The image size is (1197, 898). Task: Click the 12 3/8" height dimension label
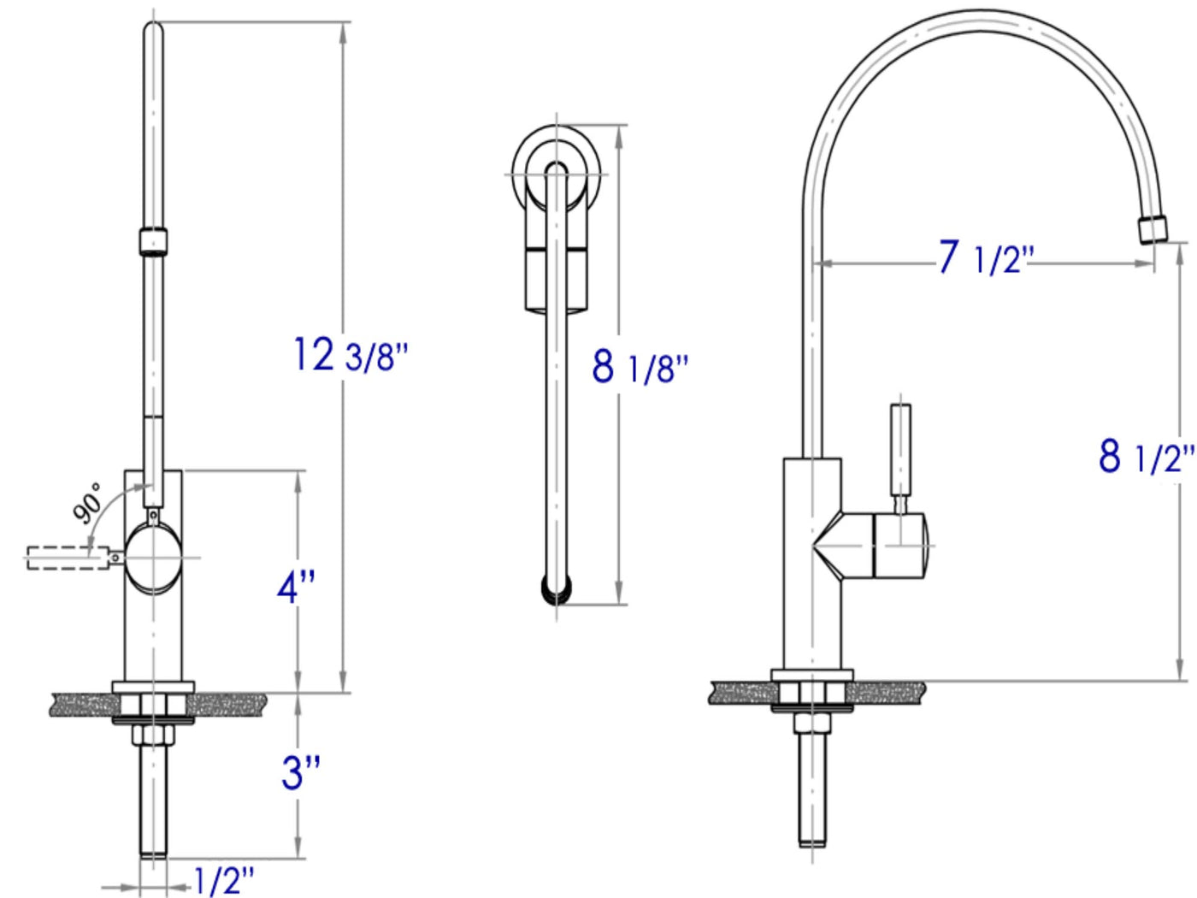click(x=351, y=356)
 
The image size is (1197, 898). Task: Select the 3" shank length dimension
click(x=300, y=772)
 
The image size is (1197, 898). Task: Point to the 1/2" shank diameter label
click(x=224, y=880)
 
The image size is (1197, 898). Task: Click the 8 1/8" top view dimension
click(x=640, y=368)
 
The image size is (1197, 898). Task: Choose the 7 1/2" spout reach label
click(x=986, y=258)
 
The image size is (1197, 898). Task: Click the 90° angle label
click(x=87, y=503)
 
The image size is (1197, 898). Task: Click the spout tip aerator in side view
click(x=1153, y=229)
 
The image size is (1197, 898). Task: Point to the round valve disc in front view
click(x=153, y=558)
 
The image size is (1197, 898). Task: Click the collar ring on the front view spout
click(x=153, y=240)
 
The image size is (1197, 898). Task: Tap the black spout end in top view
click(x=557, y=589)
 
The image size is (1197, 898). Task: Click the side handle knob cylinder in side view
click(x=899, y=546)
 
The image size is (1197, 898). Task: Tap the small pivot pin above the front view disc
click(x=154, y=515)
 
